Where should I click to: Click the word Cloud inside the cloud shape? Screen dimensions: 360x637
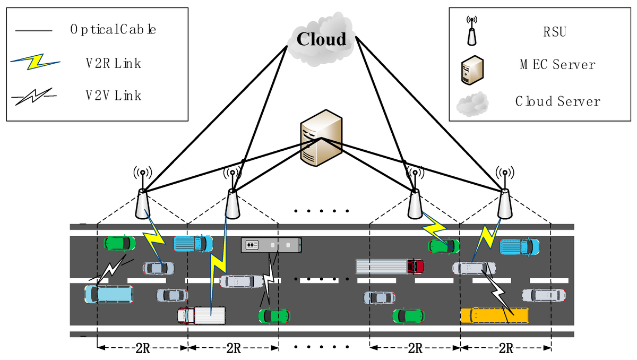pyautogui.click(x=321, y=39)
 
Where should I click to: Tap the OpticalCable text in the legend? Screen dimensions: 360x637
pyautogui.click(x=113, y=30)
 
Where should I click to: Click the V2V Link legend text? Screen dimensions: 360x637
pyautogui.click(x=114, y=96)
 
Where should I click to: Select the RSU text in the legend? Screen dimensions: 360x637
pyautogui.click(x=556, y=32)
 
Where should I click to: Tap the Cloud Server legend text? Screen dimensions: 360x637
pyautogui.click(x=557, y=101)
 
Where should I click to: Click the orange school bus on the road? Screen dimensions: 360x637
pyautogui.click(x=494, y=315)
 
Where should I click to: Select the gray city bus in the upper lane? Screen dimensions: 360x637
pyautogui.click(x=271, y=245)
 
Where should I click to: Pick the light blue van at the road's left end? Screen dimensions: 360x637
pyautogui.click(x=109, y=294)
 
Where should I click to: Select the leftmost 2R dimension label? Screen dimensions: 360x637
pyautogui.click(x=143, y=348)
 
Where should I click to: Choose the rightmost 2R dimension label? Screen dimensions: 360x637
pyautogui.click(x=505, y=348)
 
